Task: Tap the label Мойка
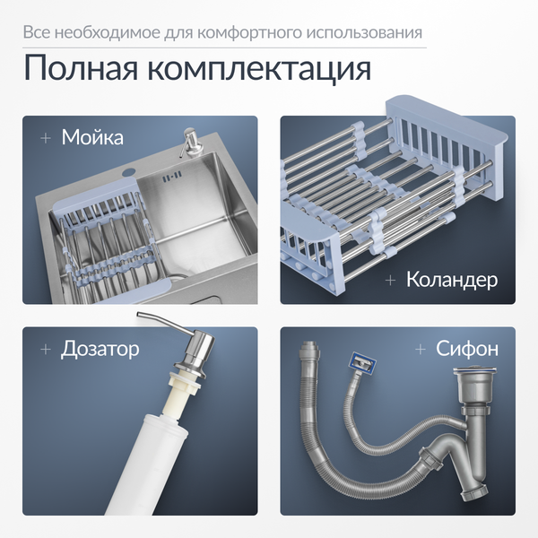[x=92, y=138]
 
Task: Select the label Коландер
[x=451, y=280]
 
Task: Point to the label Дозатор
[x=100, y=348]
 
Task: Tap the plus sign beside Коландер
[x=390, y=280]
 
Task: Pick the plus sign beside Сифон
[x=420, y=348]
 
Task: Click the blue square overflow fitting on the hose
[x=360, y=364]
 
